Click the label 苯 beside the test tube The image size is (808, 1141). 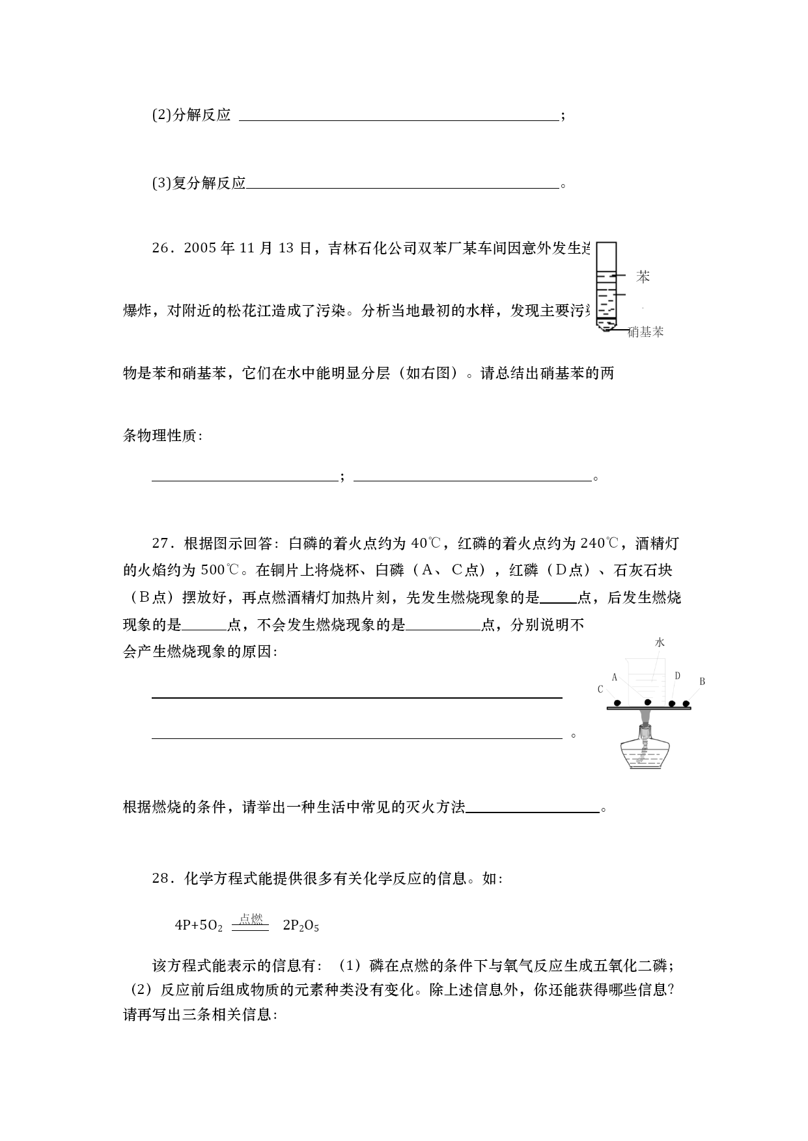point(643,277)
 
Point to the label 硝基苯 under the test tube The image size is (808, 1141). point(645,332)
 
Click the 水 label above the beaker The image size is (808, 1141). point(660,642)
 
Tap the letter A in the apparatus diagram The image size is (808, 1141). point(614,677)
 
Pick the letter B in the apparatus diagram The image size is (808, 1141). point(702,682)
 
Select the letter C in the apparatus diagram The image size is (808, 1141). point(600,690)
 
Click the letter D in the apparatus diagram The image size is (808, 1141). point(677,676)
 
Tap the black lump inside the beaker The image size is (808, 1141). point(647,703)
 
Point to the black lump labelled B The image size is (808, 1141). point(686,703)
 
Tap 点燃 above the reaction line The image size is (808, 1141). point(251,919)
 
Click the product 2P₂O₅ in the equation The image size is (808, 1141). point(301,926)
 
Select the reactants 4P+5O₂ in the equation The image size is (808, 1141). point(199,926)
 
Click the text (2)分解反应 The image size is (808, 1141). point(191,116)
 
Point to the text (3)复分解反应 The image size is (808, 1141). point(199,183)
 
